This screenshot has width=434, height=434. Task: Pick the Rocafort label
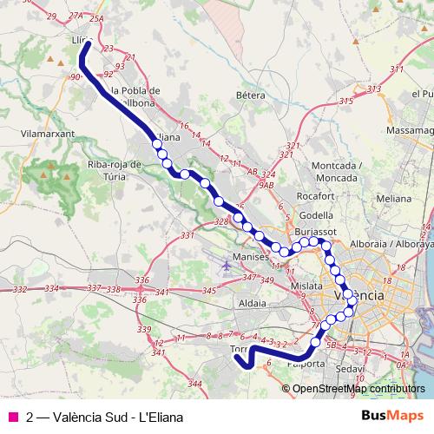[x=314, y=195]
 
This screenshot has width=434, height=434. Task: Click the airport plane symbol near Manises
[x=227, y=264]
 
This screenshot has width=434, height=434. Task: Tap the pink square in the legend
[x=13, y=416]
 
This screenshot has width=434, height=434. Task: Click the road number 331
[x=187, y=236]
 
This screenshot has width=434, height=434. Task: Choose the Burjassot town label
[x=314, y=233]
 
